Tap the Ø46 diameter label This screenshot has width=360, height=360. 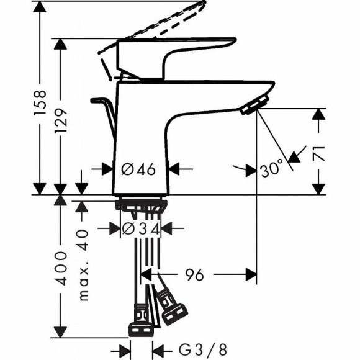pos(138,168)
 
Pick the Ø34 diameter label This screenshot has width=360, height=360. pos(142,228)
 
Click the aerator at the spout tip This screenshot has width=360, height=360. pos(253,106)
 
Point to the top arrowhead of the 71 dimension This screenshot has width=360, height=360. pos(319,114)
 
